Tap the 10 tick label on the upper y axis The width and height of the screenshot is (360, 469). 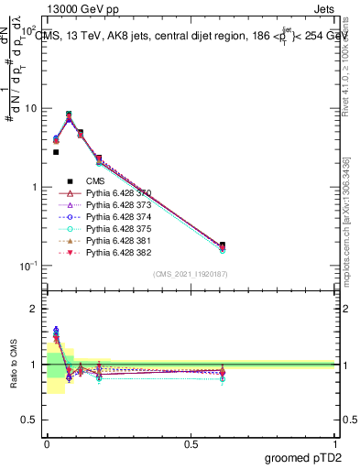[30, 108]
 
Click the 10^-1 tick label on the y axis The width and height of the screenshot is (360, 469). [28, 266]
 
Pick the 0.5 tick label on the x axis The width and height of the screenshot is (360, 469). [191, 443]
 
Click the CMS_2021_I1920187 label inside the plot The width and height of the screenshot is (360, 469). [190, 273]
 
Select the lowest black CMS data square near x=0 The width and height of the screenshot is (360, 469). [56, 152]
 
